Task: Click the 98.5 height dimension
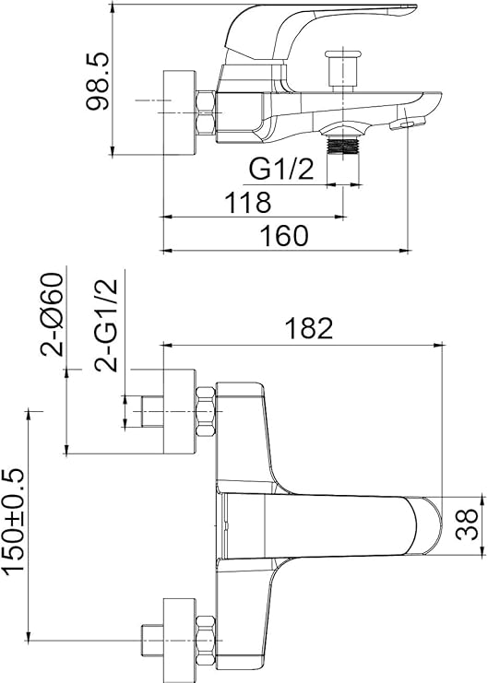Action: coord(97,81)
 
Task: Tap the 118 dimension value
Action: coord(248,202)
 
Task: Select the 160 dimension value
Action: coord(284,236)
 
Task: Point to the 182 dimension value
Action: coord(309,328)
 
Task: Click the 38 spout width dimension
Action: coord(467,524)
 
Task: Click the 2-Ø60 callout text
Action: coord(53,314)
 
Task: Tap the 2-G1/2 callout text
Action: coord(107,325)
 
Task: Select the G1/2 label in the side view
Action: coord(281,169)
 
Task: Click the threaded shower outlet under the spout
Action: coord(343,147)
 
